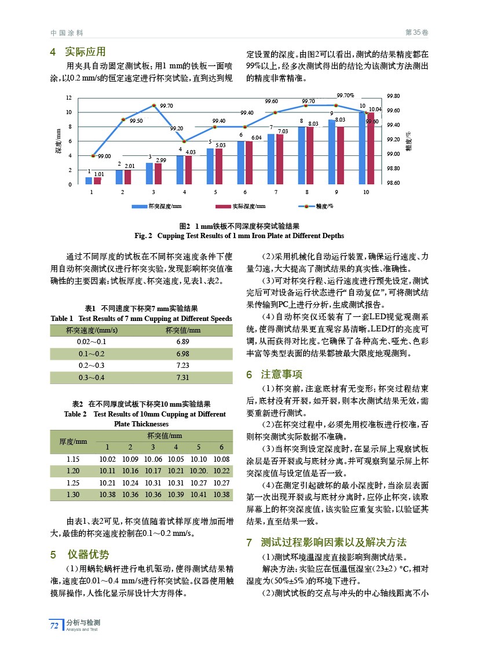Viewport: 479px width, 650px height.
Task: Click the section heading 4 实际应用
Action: [78, 52]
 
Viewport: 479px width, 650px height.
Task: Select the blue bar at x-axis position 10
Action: [362, 148]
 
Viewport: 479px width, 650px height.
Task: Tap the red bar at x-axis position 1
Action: [97, 181]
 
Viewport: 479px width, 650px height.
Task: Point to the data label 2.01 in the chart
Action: [130, 166]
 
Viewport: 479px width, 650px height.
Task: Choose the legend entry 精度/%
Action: [316, 206]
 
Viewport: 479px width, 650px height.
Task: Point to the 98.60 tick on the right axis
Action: [394, 183]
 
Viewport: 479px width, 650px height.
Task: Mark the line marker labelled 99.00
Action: [93, 156]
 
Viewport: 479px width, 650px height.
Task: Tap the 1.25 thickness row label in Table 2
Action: [73, 482]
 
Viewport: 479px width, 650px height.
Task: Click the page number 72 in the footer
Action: [54, 625]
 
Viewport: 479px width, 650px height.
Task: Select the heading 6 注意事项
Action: [274, 374]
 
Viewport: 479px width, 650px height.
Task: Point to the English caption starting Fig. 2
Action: [239, 236]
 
